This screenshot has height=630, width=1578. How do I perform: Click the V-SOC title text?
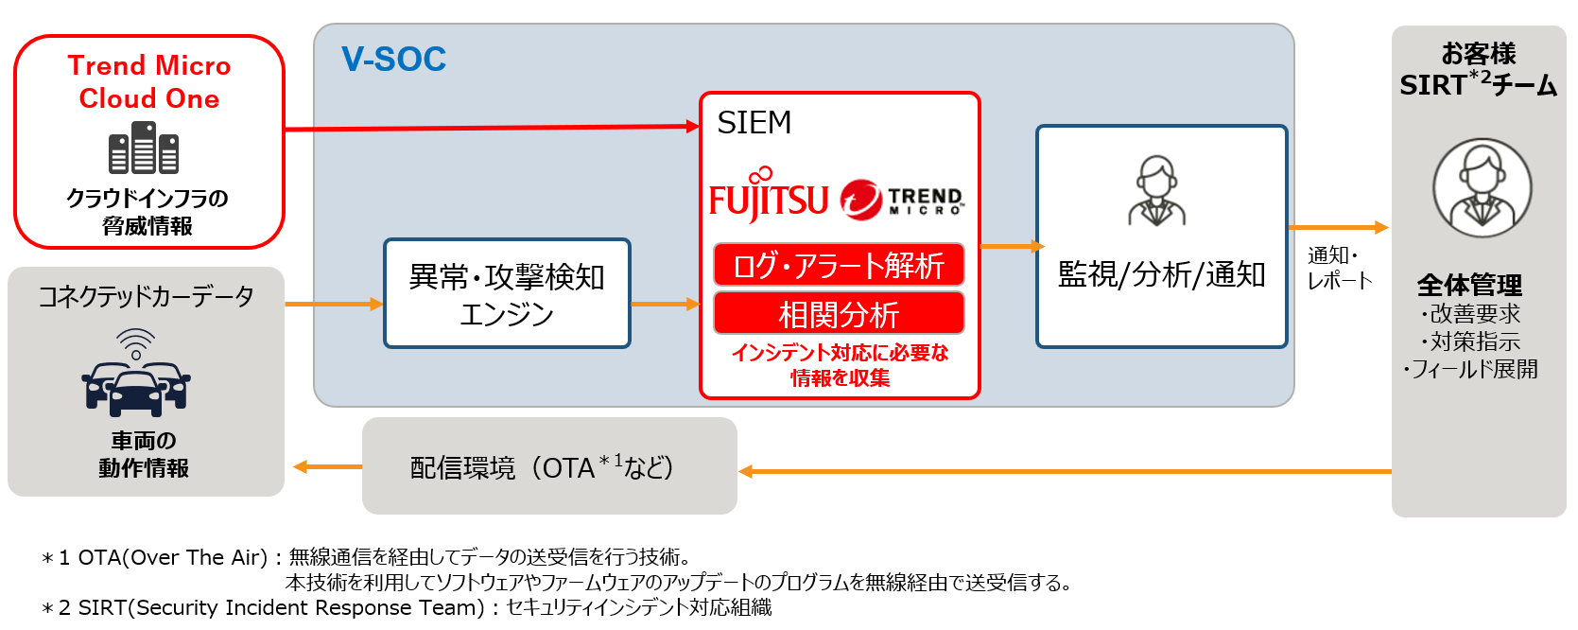[x=393, y=60]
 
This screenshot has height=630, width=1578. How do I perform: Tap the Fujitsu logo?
[x=768, y=197]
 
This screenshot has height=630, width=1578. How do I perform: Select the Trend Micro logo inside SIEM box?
[x=902, y=200]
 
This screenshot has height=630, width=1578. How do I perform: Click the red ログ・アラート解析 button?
[x=839, y=265]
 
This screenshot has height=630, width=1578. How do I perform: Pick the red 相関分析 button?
[x=839, y=313]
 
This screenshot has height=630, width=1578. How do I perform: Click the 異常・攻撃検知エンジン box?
[x=507, y=293]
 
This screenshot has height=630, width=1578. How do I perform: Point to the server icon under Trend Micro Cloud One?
[x=144, y=150]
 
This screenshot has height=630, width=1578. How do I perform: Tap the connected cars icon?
[x=136, y=378]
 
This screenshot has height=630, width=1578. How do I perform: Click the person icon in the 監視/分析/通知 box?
[x=1157, y=190]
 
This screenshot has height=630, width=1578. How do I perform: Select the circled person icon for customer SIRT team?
[x=1482, y=188]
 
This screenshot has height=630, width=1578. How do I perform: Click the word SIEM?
[x=754, y=123]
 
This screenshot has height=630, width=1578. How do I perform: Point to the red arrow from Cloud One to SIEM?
[x=492, y=128]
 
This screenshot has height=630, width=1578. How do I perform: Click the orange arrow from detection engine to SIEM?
[x=665, y=304]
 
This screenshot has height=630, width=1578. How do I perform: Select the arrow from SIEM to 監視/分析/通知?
[x=1009, y=246]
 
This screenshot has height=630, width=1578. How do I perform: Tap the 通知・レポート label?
[x=1338, y=268]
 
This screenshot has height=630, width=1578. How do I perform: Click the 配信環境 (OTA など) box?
[x=549, y=466]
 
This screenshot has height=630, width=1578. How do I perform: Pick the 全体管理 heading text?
[x=1469, y=285]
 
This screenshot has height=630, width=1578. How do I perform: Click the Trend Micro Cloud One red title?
[x=149, y=82]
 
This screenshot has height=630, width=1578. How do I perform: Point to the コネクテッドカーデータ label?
[x=146, y=297]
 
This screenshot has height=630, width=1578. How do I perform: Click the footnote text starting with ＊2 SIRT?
[x=407, y=607]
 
